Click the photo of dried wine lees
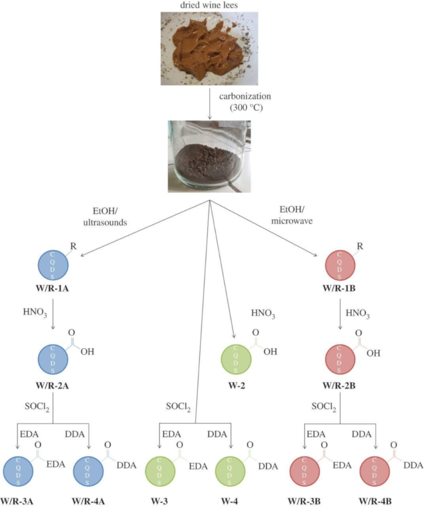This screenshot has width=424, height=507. tap(209, 49)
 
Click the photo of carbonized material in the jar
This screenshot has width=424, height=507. tap(209, 157)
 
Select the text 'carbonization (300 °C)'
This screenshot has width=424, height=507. tap(245, 102)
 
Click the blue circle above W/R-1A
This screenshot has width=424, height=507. tap(53, 265)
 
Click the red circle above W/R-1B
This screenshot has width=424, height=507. tap(340, 265)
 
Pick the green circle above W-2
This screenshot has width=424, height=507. tap(236, 359)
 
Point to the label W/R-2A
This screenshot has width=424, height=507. tap(53, 385)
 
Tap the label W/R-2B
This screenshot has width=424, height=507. tap(339, 385)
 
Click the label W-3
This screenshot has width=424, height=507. tap(159, 501)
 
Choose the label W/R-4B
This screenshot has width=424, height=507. tap(375, 501)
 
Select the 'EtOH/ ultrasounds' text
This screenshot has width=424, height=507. tap(105, 216)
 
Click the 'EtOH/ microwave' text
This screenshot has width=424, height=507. tap(292, 215)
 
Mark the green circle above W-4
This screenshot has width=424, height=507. tap(230, 471)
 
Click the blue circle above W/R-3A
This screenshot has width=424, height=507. tap(18, 471)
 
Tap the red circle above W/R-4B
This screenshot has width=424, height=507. tap(375, 471)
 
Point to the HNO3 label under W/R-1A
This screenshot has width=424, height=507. tap(35, 312)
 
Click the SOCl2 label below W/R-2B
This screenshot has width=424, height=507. tap(324, 407)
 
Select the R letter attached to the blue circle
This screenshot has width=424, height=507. tap(74, 246)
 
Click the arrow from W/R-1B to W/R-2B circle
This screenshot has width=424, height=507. tap(340, 314)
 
